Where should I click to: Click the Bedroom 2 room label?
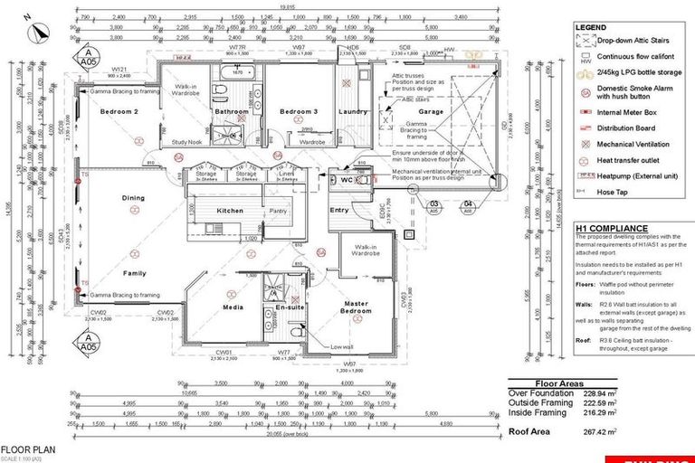click(x=118, y=111)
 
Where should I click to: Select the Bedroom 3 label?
click(x=298, y=111)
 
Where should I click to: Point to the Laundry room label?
click(x=349, y=111)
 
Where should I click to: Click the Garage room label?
click(x=431, y=111)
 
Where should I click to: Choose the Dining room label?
click(x=134, y=197)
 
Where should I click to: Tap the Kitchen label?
click(x=231, y=211)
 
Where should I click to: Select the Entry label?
click(x=339, y=211)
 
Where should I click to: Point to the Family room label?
click(x=135, y=272)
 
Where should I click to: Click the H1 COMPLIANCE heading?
click(x=612, y=229)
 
